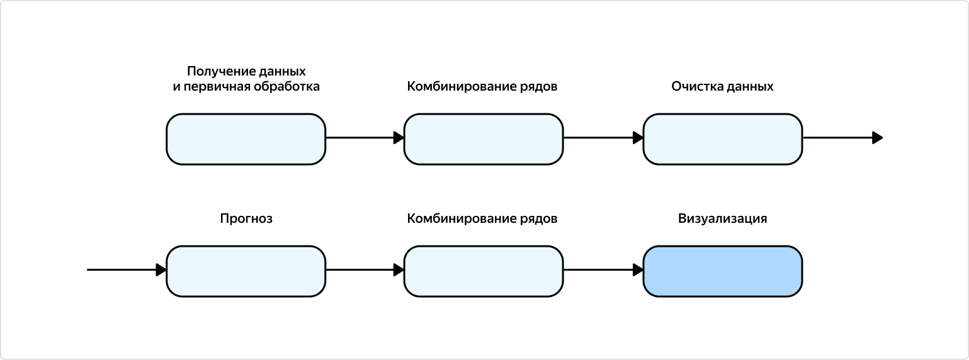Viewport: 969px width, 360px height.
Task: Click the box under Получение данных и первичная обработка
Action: pos(246,139)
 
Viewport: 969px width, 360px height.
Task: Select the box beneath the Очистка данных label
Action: pos(722,139)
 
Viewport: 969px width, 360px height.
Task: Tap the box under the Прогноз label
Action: pos(246,271)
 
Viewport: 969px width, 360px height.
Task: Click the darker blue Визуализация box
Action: pos(722,271)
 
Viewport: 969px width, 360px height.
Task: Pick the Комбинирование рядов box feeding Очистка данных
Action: pos(483,139)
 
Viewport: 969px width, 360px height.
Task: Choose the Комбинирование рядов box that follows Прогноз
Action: pos(483,271)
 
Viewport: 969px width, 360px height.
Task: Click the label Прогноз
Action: pos(246,219)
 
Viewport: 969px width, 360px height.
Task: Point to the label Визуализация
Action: pos(722,219)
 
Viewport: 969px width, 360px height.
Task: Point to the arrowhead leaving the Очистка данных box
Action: pos(877,138)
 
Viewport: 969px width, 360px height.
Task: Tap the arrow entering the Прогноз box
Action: pos(126,270)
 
